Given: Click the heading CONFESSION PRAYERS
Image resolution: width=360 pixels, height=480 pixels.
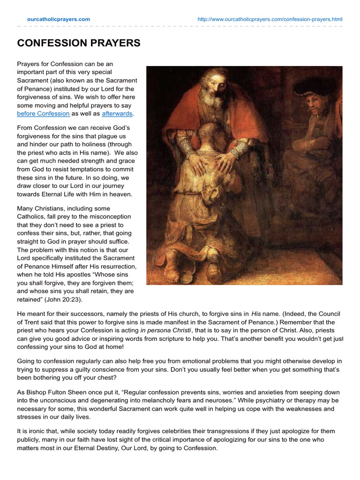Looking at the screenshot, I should [79, 43].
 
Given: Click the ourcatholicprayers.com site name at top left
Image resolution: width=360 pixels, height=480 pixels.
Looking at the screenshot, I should [59, 19].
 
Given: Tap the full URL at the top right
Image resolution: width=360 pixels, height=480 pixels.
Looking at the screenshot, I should [270, 19].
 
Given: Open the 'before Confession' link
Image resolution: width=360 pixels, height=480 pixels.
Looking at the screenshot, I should [43, 113].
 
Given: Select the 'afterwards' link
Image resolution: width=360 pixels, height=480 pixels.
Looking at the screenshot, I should [117, 113].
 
